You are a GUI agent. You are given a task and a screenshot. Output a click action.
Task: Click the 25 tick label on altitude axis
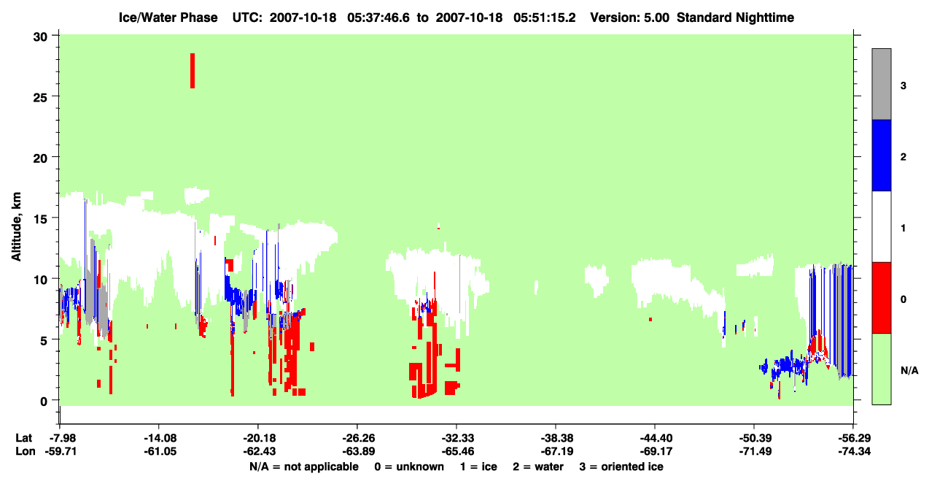coord(40,96)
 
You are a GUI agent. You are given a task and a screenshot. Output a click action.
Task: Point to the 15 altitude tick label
coord(40,218)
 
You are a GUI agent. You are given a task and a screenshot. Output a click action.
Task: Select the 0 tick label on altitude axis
coord(44,401)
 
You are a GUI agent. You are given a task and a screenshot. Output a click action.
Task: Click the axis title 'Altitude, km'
coord(16,227)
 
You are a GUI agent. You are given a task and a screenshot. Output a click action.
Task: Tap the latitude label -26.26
coord(358,438)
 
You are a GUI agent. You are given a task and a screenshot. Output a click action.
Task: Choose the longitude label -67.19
coord(557,451)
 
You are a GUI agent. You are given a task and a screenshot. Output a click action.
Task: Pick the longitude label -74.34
coord(855,451)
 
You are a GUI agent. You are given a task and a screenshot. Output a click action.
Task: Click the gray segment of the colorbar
coord(881,84)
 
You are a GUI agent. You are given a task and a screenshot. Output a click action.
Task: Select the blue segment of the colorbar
coord(881,155)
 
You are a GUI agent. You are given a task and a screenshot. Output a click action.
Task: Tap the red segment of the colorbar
coord(881,298)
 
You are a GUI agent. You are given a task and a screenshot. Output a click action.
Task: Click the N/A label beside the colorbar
coord(909,371)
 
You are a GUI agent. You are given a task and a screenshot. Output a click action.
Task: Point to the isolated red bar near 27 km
coord(193,71)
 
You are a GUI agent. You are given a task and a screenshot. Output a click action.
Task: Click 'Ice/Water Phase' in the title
coord(168,18)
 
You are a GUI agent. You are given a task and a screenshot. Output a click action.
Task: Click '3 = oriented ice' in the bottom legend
coord(621,467)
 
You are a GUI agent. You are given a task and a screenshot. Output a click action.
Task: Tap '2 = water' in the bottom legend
coord(538,467)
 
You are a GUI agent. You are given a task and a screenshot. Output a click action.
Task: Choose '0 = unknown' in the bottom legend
coord(409,467)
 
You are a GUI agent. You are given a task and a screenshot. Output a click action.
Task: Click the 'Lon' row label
coord(26,451)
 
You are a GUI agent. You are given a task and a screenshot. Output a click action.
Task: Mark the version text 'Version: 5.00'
coord(630,18)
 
